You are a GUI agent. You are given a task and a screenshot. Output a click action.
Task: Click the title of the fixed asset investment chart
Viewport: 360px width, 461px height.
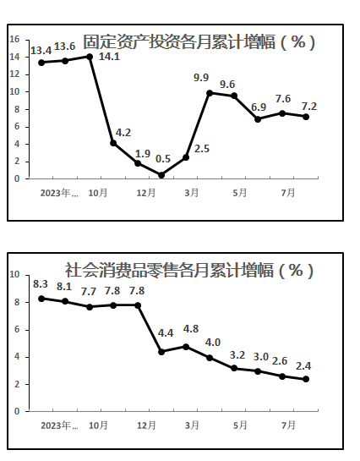click(x=199, y=42)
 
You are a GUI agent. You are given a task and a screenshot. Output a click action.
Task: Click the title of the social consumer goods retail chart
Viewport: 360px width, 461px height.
click(x=189, y=270)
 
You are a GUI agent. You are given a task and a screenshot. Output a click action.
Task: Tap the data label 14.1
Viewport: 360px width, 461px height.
click(x=109, y=57)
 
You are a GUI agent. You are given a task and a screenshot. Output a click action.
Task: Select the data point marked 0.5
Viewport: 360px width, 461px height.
click(x=161, y=175)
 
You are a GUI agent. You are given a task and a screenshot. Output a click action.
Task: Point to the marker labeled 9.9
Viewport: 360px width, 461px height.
click(x=210, y=93)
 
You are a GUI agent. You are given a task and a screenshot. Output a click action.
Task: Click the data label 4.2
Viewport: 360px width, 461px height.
click(x=123, y=133)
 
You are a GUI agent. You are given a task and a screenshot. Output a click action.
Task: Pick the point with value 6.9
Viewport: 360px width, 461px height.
click(x=258, y=119)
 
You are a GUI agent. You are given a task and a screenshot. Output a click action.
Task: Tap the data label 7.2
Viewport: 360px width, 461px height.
click(x=309, y=106)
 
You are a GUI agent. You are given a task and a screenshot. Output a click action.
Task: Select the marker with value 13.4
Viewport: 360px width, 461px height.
click(x=41, y=63)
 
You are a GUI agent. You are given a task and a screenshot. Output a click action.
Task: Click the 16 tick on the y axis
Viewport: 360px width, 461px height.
click(x=14, y=39)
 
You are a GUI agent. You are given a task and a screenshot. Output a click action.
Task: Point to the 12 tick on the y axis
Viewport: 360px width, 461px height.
click(x=14, y=74)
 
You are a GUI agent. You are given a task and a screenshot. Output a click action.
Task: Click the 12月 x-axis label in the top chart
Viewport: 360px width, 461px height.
click(x=146, y=193)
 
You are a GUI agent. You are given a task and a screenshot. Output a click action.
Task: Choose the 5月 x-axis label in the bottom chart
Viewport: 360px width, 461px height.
click(x=240, y=425)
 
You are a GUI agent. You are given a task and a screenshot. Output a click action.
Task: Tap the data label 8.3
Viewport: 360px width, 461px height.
click(x=41, y=284)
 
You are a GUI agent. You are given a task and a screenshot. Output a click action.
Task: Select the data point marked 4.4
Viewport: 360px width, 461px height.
click(x=161, y=352)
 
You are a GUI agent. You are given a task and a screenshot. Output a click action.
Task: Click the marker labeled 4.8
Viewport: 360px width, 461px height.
click(x=186, y=347)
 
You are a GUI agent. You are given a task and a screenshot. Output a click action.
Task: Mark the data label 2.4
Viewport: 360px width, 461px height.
click(x=303, y=365)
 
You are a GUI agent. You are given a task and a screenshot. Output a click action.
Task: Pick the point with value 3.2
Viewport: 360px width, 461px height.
click(x=234, y=368)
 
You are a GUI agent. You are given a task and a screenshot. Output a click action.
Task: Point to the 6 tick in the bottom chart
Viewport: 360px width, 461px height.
click(x=17, y=330)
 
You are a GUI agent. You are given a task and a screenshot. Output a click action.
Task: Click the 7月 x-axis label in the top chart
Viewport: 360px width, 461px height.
click(x=288, y=193)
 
